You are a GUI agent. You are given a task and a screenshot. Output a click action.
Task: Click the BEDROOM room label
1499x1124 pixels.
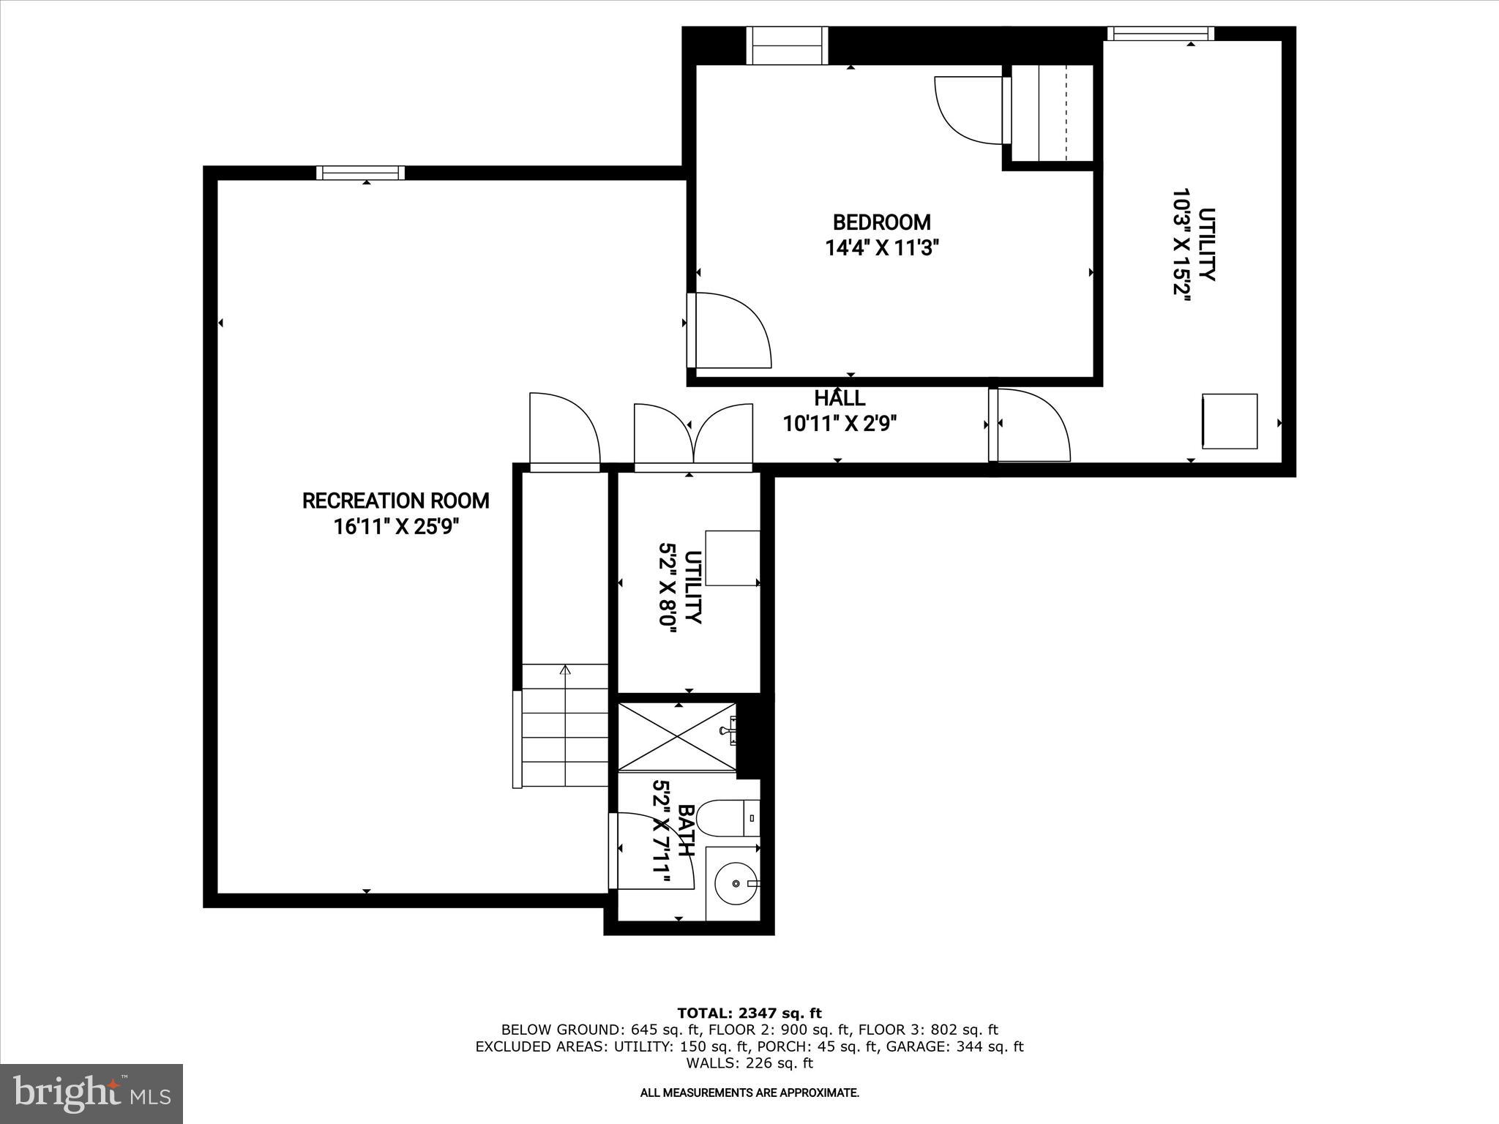tap(881, 222)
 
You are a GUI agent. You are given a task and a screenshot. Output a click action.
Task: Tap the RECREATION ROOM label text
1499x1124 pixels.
tap(395, 501)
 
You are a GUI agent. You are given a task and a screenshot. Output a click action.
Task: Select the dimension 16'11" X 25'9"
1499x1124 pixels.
tap(395, 527)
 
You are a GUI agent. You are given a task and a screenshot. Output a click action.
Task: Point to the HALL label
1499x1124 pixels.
tap(840, 399)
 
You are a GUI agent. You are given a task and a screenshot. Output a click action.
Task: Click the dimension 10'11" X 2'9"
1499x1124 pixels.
tap(840, 424)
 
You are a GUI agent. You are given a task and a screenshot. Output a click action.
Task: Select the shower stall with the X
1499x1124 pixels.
tap(677, 736)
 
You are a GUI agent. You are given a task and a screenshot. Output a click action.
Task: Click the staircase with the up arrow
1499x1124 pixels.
tap(564, 724)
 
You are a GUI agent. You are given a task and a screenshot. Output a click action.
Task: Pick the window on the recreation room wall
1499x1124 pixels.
tap(360, 173)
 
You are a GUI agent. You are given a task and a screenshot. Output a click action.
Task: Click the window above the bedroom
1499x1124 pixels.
tap(787, 45)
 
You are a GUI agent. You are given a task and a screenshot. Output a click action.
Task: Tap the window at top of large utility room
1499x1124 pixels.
tap(1160, 33)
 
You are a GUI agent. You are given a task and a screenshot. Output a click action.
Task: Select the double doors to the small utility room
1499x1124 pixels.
tap(692, 435)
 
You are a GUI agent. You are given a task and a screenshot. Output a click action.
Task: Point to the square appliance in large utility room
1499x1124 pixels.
tap(1230, 421)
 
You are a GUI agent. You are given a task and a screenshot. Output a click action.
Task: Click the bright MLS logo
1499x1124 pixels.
tap(91, 1093)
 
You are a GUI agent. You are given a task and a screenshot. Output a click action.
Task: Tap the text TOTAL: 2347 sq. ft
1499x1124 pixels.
tap(749, 1013)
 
